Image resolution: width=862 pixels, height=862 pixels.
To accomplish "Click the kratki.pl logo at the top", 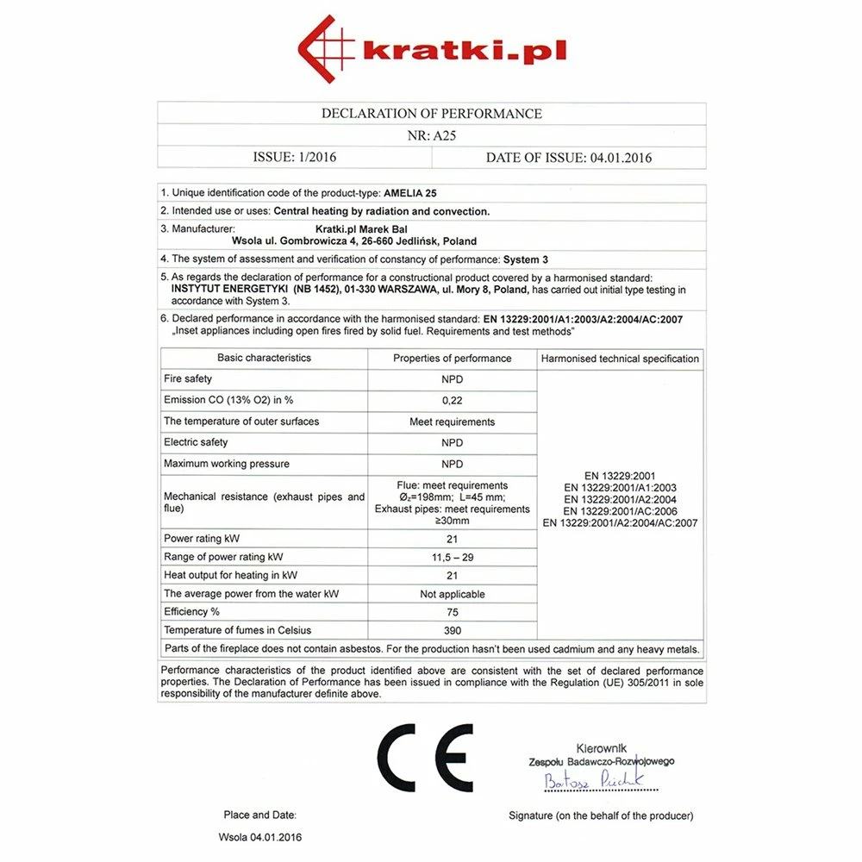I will click(431, 48).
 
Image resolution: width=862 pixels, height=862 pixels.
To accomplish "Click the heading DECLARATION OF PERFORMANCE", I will click(431, 114).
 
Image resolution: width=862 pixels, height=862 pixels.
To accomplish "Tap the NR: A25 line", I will click(431, 135).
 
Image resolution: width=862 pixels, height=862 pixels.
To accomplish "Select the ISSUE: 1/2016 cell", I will click(294, 158).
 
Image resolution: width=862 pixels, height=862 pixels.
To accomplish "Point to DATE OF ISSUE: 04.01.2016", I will click(569, 158).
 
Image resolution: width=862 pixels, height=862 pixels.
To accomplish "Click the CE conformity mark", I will click(425, 758).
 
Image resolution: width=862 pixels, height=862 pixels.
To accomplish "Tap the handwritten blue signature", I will click(595, 781).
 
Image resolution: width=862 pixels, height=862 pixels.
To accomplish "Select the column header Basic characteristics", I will click(264, 358).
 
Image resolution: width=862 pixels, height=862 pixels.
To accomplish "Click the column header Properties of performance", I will click(452, 359).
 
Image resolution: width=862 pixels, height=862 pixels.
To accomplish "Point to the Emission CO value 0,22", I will click(452, 400).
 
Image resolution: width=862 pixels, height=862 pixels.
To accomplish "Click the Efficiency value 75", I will click(452, 612).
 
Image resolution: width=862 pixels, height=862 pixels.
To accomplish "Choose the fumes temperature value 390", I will click(452, 631).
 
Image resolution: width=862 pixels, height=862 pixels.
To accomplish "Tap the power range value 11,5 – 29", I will click(452, 558).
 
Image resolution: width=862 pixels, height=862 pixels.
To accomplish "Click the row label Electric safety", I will click(196, 442).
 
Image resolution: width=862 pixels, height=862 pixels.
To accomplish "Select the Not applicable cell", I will click(452, 594).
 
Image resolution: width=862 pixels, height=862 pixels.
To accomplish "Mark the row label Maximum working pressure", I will click(227, 464).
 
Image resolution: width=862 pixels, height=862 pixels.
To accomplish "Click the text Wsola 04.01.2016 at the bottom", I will click(260, 837).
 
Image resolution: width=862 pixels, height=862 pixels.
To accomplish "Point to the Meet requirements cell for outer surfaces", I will click(452, 422).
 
